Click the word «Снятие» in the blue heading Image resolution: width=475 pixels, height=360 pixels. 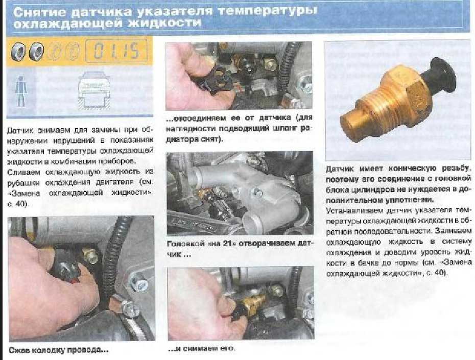pyautogui.click(x=39, y=12)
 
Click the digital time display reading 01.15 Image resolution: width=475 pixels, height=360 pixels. pyautogui.click(x=116, y=51)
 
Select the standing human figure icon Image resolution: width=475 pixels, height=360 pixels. pyautogui.click(x=20, y=90)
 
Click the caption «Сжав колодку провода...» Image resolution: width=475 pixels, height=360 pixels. pyautogui.click(x=58, y=350)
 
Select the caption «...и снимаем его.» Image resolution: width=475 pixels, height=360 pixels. pyautogui.click(x=201, y=348)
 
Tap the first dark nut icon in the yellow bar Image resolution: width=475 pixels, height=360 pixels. pyautogui.click(x=18, y=51)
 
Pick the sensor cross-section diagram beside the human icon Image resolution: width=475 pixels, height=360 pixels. pyautogui.click(x=94, y=90)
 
